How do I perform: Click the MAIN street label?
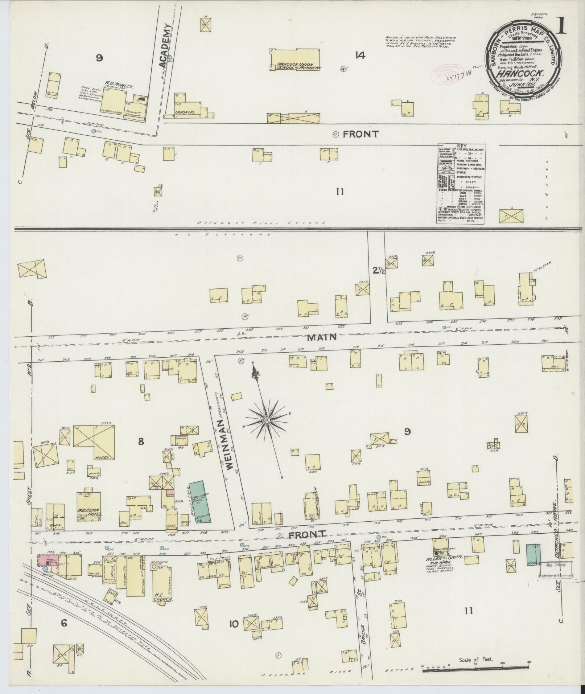click(322, 337)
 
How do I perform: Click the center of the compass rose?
click(267, 420)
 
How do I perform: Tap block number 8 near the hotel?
click(141, 441)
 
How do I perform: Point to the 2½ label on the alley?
click(377, 270)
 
